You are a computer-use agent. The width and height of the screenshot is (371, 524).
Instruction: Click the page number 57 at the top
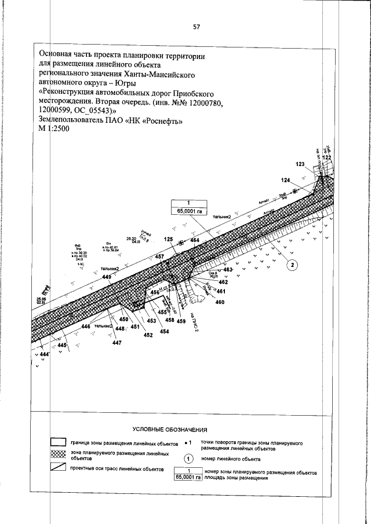(x=197, y=27)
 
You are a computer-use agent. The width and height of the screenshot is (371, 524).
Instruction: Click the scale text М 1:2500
(x=53, y=130)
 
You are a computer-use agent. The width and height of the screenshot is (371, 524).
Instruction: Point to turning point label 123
(x=300, y=164)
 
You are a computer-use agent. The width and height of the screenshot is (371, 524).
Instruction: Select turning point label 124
(x=285, y=181)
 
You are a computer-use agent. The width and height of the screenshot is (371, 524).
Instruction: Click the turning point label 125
(x=169, y=239)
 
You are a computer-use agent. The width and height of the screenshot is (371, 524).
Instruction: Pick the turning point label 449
(x=107, y=278)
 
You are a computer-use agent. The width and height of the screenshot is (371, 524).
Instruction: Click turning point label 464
(x=194, y=239)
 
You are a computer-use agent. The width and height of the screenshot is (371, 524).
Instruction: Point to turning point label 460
(x=220, y=302)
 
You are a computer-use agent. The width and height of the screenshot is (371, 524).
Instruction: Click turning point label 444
(x=44, y=353)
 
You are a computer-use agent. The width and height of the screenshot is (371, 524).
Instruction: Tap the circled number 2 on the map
(x=293, y=265)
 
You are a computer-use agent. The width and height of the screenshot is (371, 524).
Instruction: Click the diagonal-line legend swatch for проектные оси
(x=57, y=468)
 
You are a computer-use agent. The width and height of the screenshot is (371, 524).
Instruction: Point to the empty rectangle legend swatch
(x=57, y=443)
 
